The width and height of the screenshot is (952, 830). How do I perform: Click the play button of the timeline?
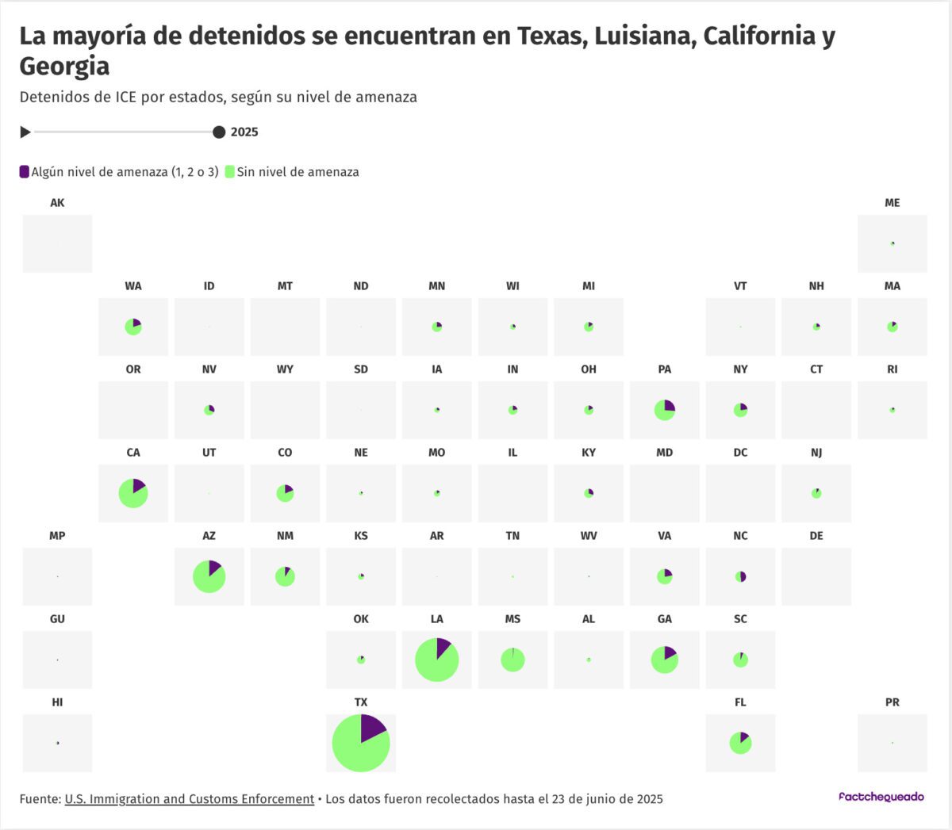tap(25, 132)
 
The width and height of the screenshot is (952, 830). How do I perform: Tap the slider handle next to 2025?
tap(219, 132)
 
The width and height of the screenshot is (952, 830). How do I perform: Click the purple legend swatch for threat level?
tap(25, 172)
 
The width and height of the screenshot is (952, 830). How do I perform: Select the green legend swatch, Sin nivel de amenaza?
tap(230, 172)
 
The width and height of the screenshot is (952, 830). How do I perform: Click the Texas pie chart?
tap(361, 743)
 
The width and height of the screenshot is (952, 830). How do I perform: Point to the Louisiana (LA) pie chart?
tap(436, 660)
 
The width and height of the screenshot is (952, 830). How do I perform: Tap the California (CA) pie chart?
tap(133, 493)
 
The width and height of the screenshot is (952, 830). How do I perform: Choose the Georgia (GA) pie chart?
tap(665, 660)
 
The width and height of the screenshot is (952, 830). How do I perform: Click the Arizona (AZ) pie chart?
tap(209, 576)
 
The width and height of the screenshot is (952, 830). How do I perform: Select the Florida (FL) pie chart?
tap(740, 743)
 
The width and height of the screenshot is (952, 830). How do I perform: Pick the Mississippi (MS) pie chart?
tap(512, 660)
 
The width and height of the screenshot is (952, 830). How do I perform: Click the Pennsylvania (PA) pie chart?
tap(665, 410)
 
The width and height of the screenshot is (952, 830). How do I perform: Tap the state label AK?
tap(57, 203)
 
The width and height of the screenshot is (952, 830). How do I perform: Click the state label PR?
tap(892, 702)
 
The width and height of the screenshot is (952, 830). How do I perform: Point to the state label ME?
tap(892, 203)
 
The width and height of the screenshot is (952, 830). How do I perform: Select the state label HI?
tap(57, 702)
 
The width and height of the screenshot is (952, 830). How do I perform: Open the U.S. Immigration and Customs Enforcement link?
tap(190, 799)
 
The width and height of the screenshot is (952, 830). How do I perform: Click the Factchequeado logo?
tap(881, 797)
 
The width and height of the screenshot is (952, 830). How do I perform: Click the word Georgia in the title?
tap(64, 67)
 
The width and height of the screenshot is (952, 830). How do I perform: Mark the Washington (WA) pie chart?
tap(133, 327)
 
